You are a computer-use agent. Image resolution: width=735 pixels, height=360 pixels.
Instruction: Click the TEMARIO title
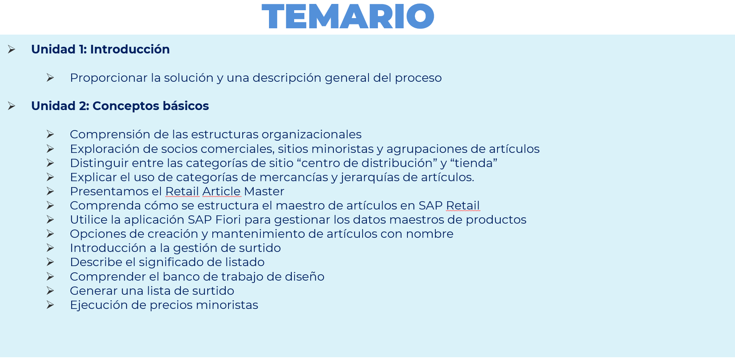(x=348, y=16)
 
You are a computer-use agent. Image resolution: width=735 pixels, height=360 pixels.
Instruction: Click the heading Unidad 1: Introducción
(x=100, y=49)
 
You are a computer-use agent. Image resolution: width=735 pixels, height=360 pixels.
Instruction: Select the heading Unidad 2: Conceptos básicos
(x=120, y=106)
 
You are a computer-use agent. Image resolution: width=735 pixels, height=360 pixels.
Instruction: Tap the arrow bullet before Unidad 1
(x=11, y=49)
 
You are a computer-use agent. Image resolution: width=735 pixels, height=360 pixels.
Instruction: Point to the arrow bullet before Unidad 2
(x=11, y=106)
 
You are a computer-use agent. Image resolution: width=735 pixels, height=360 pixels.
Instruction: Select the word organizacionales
(x=311, y=134)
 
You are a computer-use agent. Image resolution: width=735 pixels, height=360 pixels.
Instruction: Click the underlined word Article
(x=221, y=191)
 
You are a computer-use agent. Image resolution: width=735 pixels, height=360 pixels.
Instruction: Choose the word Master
(x=264, y=191)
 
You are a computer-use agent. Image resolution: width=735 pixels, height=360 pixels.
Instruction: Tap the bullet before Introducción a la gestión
(x=50, y=248)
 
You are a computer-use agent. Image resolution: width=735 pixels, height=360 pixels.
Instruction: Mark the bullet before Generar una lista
(x=50, y=291)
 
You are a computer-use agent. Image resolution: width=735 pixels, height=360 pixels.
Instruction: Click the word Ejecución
(x=99, y=305)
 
